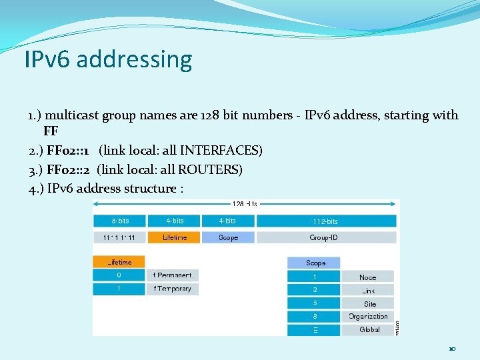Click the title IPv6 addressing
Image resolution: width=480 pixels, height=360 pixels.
click(108, 59)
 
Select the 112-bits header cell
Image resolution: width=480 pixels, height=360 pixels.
click(325, 221)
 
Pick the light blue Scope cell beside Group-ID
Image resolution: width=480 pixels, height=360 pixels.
click(227, 237)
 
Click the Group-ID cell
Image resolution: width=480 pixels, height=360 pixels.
click(325, 237)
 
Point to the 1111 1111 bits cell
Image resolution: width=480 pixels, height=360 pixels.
click(119, 237)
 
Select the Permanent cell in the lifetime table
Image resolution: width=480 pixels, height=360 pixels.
click(172, 275)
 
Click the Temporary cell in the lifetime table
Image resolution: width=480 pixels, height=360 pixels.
click(172, 289)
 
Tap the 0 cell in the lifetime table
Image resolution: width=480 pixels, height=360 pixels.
click(119, 275)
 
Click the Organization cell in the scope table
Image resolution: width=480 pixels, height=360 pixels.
click(367, 316)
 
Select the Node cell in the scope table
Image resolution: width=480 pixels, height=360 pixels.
click(367, 277)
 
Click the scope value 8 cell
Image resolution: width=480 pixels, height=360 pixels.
click(314, 316)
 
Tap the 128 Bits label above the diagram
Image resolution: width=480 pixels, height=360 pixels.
click(245, 204)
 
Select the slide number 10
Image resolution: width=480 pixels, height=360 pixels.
click(451, 349)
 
